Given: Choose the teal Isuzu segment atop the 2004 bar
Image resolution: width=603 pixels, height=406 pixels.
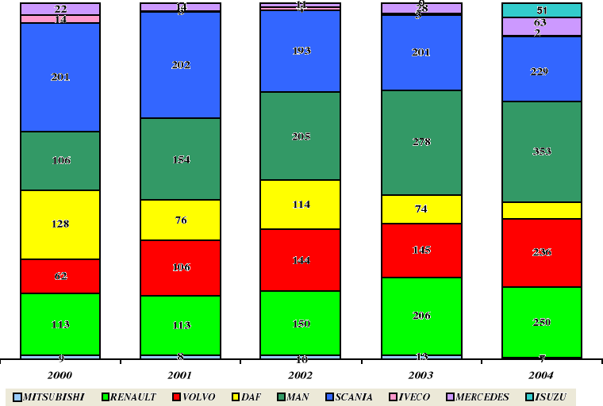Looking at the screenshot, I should tap(542, 10).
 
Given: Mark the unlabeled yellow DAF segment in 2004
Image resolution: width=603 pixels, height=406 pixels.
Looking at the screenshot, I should tap(542, 210).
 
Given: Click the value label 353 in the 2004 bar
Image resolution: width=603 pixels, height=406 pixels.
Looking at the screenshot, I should tap(542, 151).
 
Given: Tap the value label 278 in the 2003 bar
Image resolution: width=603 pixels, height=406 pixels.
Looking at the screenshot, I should tap(421, 142).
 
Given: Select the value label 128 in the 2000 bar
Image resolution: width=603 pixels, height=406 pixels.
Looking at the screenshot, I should tap(60, 224).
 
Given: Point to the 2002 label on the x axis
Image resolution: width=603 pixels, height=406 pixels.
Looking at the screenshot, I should tap(300, 374).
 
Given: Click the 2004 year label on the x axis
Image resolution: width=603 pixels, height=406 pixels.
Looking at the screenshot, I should tap(542, 374).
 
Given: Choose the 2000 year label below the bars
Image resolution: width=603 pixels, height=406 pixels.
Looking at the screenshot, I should tap(60, 374).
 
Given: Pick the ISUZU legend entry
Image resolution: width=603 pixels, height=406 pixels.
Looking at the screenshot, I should tap(550, 396).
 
